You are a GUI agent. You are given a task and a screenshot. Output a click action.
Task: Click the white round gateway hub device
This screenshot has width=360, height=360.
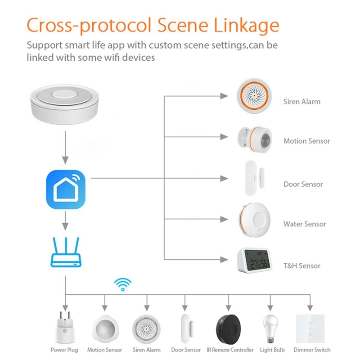pyautogui.click(x=65, y=103)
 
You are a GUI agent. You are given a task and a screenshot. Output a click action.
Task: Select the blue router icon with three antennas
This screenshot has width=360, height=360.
pyautogui.click(x=66, y=254)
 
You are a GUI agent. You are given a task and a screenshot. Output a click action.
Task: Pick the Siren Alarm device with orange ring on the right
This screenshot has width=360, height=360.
pyautogui.click(x=254, y=96)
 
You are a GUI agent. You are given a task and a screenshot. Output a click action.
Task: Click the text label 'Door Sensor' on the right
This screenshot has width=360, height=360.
pyautogui.click(x=303, y=184)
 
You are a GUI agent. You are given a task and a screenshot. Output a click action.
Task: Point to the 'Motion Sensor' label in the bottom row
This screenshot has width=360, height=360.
pyautogui.click(x=104, y=350)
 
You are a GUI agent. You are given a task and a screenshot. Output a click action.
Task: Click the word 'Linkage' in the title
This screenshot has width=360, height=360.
pyautogui.click(x=245, y=25)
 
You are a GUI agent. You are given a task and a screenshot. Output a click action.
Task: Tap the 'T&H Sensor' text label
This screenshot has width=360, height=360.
pyautogui.click(x=301, y=265)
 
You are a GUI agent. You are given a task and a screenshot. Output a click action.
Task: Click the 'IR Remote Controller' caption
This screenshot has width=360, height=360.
pyautogui.click(x=229, y=350)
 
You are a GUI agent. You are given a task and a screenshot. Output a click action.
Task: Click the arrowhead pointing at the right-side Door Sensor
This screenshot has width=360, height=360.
pyautogui.click(x=224, y=178)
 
